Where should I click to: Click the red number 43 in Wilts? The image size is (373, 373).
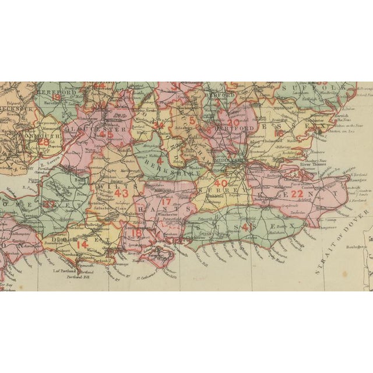[121, 192]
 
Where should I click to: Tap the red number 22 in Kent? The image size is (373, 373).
[297, 194]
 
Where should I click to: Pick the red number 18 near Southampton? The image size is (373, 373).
[136, 233]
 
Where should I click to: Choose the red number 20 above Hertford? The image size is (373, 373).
[233, 123]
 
